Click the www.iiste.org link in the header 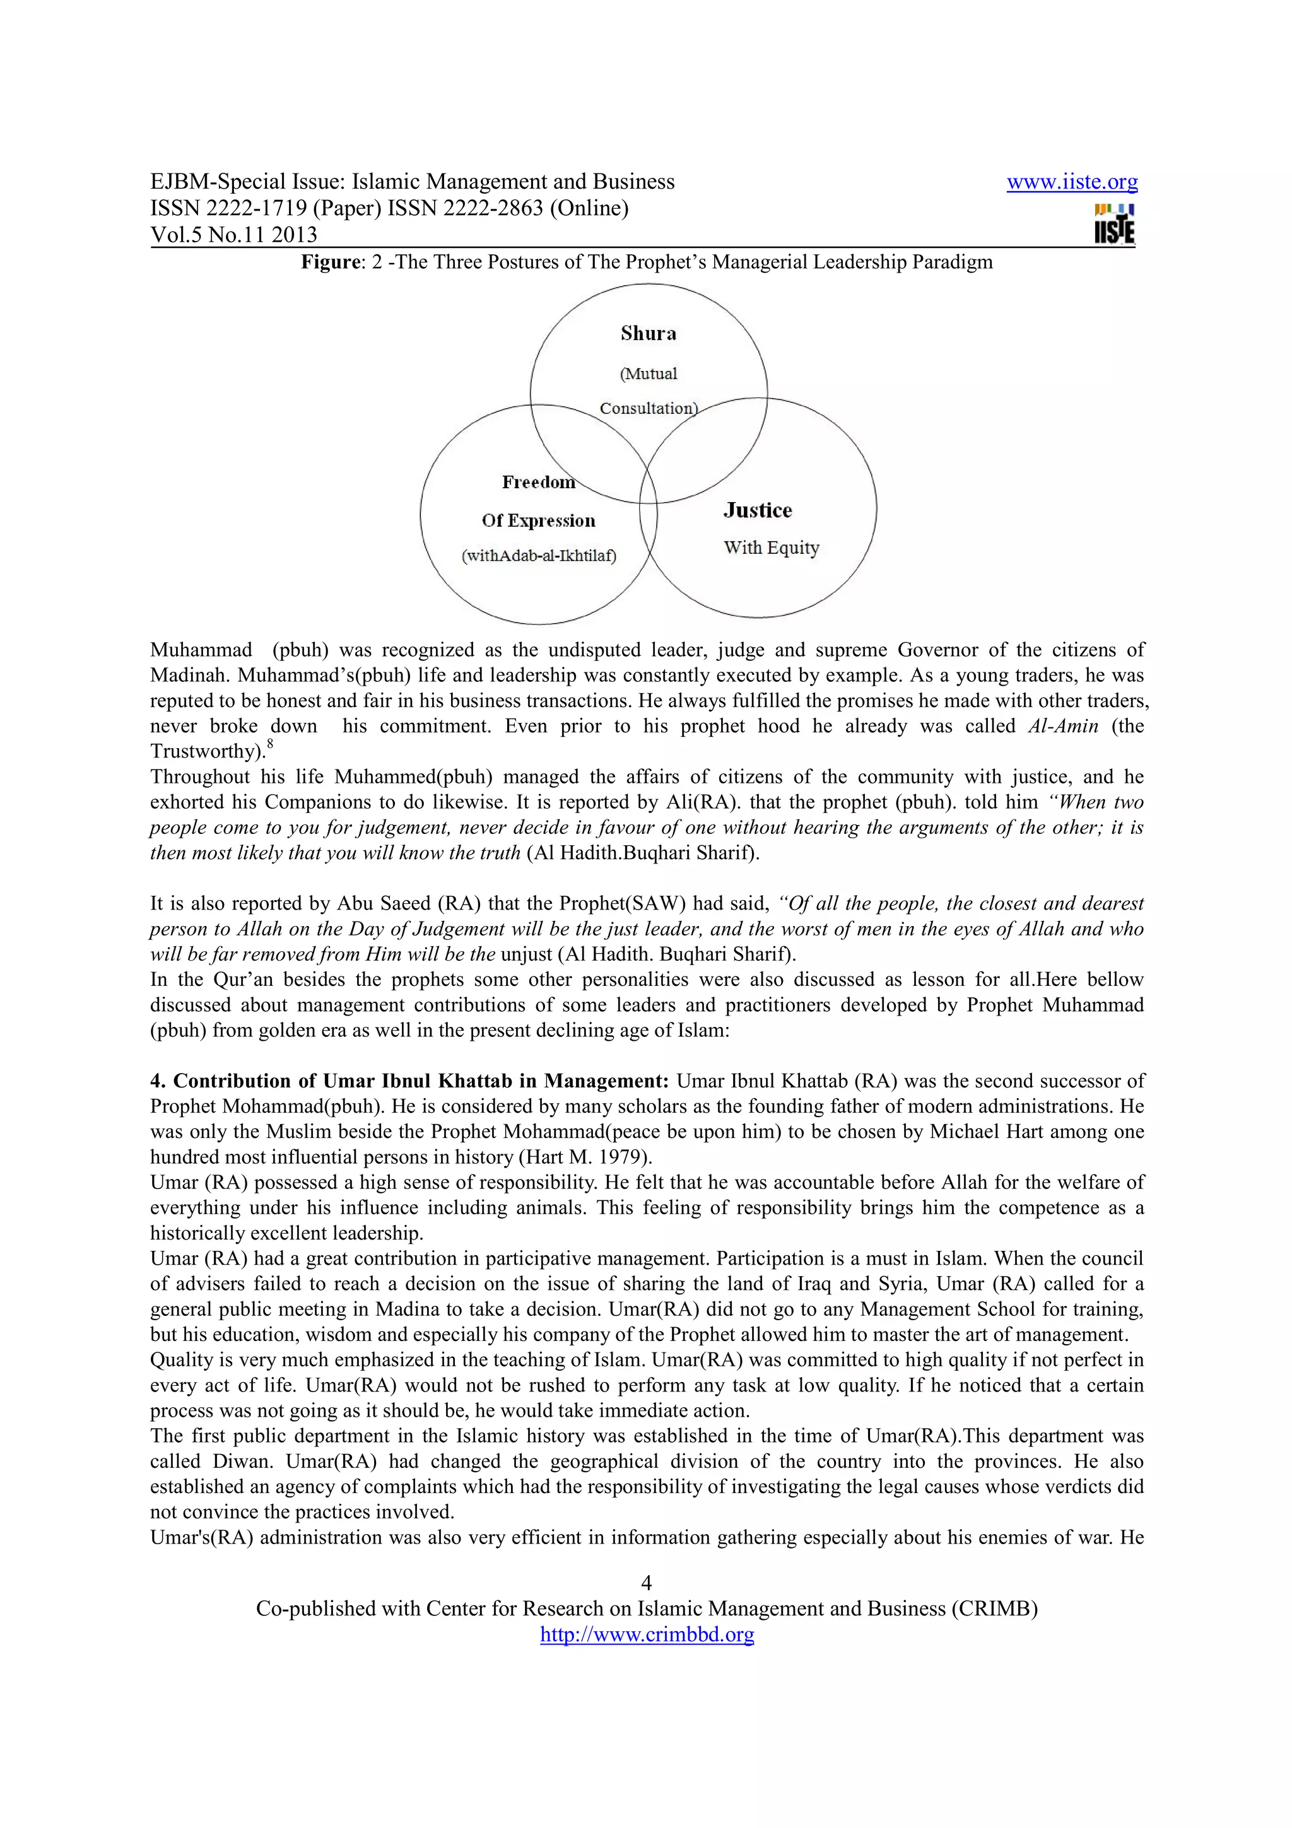coord(1071,182)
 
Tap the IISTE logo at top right coord(1115,224)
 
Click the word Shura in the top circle coord(648,334)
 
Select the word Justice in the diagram coord(757,510)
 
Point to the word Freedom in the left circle coord(538,483)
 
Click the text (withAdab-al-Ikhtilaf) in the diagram coord(539,556)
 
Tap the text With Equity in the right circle coord(770,548)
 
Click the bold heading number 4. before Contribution coord(158,1081)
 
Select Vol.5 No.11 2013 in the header coord(233,234)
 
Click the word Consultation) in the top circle coord(648,409)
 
